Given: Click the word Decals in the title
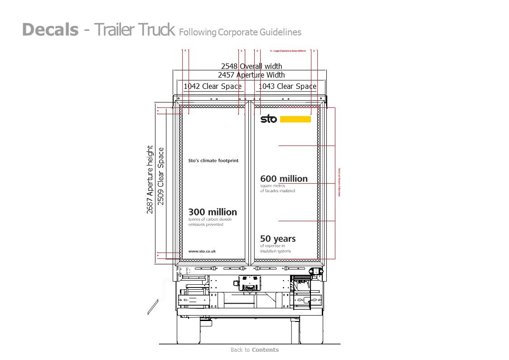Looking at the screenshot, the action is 50,30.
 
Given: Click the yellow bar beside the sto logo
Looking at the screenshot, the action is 296,119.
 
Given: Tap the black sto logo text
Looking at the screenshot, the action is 268,119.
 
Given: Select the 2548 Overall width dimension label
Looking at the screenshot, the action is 251,67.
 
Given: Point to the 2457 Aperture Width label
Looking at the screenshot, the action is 251,75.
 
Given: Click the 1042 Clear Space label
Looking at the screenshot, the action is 212,86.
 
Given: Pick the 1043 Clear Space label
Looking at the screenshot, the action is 287,86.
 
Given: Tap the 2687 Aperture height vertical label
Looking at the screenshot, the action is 150,180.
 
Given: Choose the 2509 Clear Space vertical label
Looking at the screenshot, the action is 160,176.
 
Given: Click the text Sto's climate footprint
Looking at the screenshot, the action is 213,161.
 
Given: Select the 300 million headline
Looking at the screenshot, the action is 213,212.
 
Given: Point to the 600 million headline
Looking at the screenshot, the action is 284,179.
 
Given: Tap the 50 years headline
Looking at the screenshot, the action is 278,239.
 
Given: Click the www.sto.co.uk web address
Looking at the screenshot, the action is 202,251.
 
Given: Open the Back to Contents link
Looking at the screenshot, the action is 254,350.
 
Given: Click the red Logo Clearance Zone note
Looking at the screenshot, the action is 288,51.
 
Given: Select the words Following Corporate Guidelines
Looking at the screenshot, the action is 240,32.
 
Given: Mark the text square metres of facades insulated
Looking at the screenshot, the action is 277,189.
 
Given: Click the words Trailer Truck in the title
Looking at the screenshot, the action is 135,30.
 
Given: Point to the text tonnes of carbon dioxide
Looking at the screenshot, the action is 210,219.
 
